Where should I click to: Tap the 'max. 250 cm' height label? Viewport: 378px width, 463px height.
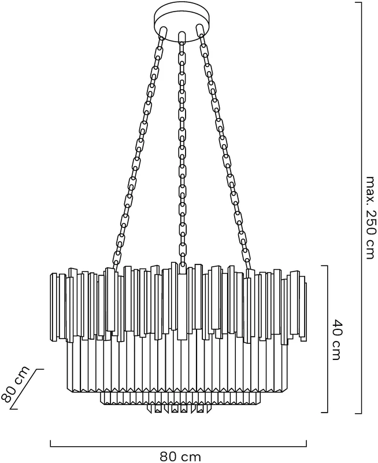click(x=371, y=218)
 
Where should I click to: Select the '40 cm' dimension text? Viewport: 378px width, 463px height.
click(x=335, y=340)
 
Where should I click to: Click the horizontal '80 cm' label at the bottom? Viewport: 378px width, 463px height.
click(x=180, y=457)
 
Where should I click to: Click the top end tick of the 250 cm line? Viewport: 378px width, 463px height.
click(x=358, y=3)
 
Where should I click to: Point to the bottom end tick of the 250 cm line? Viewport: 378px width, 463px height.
click(x=358, y=413)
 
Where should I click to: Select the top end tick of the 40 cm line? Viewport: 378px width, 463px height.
click(x=324, y=266)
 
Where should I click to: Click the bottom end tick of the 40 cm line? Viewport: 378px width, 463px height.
click(x=324, y=412)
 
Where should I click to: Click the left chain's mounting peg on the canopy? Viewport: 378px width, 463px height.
click(x=162, y=32)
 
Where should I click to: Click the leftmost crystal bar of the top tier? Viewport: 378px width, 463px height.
click(x=54, y=307)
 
